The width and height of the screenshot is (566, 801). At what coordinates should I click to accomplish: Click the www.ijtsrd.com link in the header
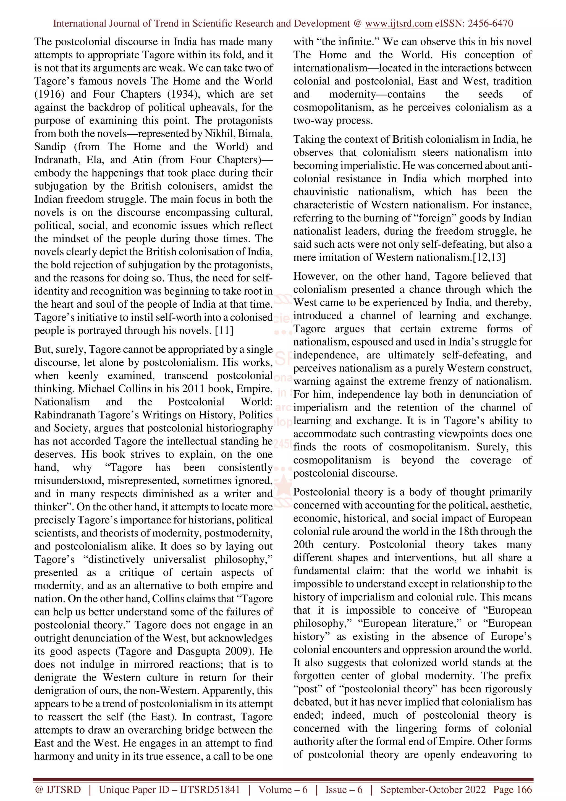[x=399, y=24]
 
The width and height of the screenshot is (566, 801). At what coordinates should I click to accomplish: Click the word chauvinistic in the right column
[x=321, y=192]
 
